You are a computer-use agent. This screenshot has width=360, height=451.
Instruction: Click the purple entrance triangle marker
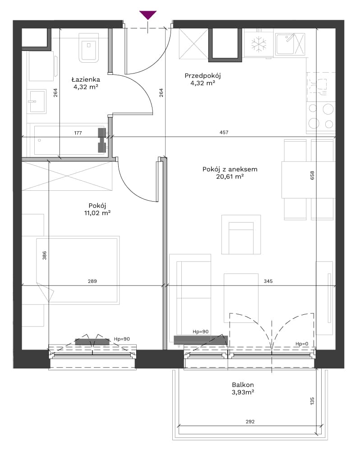pos(148,15)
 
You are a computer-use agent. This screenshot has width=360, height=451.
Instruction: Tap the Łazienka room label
pos(86,79)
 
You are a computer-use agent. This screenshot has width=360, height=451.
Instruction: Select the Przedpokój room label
pos(203,76)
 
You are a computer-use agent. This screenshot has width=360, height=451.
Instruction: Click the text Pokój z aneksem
pos(230,169)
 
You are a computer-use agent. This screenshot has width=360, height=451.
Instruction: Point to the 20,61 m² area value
pos(230,176)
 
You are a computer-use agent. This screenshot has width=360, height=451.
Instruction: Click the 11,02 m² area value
pos(97,213)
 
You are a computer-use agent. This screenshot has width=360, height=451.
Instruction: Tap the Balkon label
pos(243,385)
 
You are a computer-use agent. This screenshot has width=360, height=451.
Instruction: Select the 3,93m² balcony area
pos(243,392)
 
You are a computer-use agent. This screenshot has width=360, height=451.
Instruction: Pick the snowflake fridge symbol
pos(258,45)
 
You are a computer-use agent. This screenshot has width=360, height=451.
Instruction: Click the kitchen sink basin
pos(285,44)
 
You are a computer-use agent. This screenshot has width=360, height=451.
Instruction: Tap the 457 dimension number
pos(224,132)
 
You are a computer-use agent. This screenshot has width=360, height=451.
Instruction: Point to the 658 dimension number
pos(312,175)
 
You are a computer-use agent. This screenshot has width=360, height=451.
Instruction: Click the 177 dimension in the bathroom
pos(78,133)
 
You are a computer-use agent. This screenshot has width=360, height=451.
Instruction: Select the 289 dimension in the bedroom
pos(92,281)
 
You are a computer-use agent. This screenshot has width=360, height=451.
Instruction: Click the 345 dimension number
pos(268,281)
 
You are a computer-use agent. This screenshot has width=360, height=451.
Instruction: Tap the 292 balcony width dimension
pos(250,422)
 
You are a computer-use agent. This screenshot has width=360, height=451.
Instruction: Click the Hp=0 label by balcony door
pos(302,344)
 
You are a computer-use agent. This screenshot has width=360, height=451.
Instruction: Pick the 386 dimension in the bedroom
pos(44,255)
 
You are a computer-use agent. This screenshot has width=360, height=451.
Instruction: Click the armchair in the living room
pos(241,235)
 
